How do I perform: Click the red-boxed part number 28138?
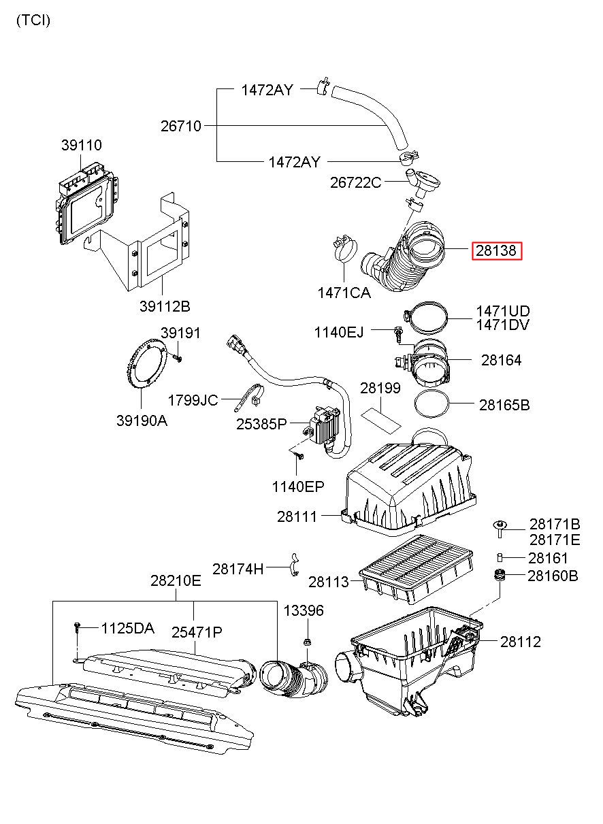point(496,251)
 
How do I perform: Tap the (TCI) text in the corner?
point(33,20)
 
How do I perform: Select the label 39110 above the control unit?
point(81,145)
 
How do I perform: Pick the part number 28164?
point(501,360)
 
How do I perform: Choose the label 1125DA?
point(127,628)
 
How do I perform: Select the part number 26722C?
point(355,182)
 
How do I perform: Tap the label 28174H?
point(238,569)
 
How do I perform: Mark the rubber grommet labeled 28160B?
point(499,574)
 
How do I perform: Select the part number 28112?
point(520,642)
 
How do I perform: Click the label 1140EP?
point(298,487)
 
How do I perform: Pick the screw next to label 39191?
point(178,357)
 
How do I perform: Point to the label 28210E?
point(176,580)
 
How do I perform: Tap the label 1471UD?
point(502,311)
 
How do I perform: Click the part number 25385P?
point(261,424)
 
